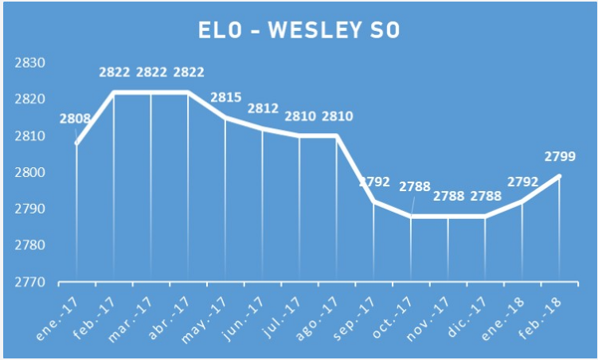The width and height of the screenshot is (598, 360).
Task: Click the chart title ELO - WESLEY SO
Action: pyautogui.click(x=299, y=30)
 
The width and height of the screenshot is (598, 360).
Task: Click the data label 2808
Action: pyautogui.click(x=75, y=120)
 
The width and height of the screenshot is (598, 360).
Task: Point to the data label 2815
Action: pyautogui.click(x=225, y=97)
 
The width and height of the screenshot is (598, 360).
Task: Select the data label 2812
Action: pyautogui.click(x=263, y=108)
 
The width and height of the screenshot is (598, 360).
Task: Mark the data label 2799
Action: pyautogui.click(x=561, y=156)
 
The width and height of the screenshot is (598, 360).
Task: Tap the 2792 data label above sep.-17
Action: pyautogui.click(x=374, y=182)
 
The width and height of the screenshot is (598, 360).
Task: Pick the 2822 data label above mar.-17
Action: pyautogui.click(x=151, y=72)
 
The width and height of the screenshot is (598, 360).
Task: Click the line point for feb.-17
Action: pyautogui.click(x=114, y=92)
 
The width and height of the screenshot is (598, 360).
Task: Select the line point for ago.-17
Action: pyautogui.click(x=337, y=136)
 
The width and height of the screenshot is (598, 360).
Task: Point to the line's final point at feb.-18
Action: pyautogui.click(x=560, y=176)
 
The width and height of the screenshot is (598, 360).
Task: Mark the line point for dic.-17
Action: pyautogui.click(x=485, y=216)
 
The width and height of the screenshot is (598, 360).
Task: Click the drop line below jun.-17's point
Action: pyautogui.click(x=263, y=207)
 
